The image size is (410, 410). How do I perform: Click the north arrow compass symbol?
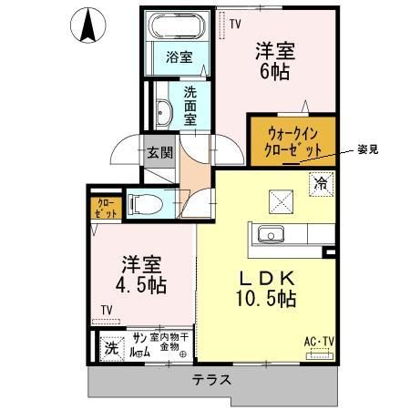87,26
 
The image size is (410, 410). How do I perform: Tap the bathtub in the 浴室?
178,26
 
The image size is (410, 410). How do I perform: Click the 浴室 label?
178,57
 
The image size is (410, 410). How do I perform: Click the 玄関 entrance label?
159,152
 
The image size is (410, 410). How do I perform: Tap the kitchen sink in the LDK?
271,235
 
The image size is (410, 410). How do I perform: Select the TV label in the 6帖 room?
236,25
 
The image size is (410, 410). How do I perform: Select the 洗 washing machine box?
112,346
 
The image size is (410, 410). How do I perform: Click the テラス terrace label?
210,380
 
